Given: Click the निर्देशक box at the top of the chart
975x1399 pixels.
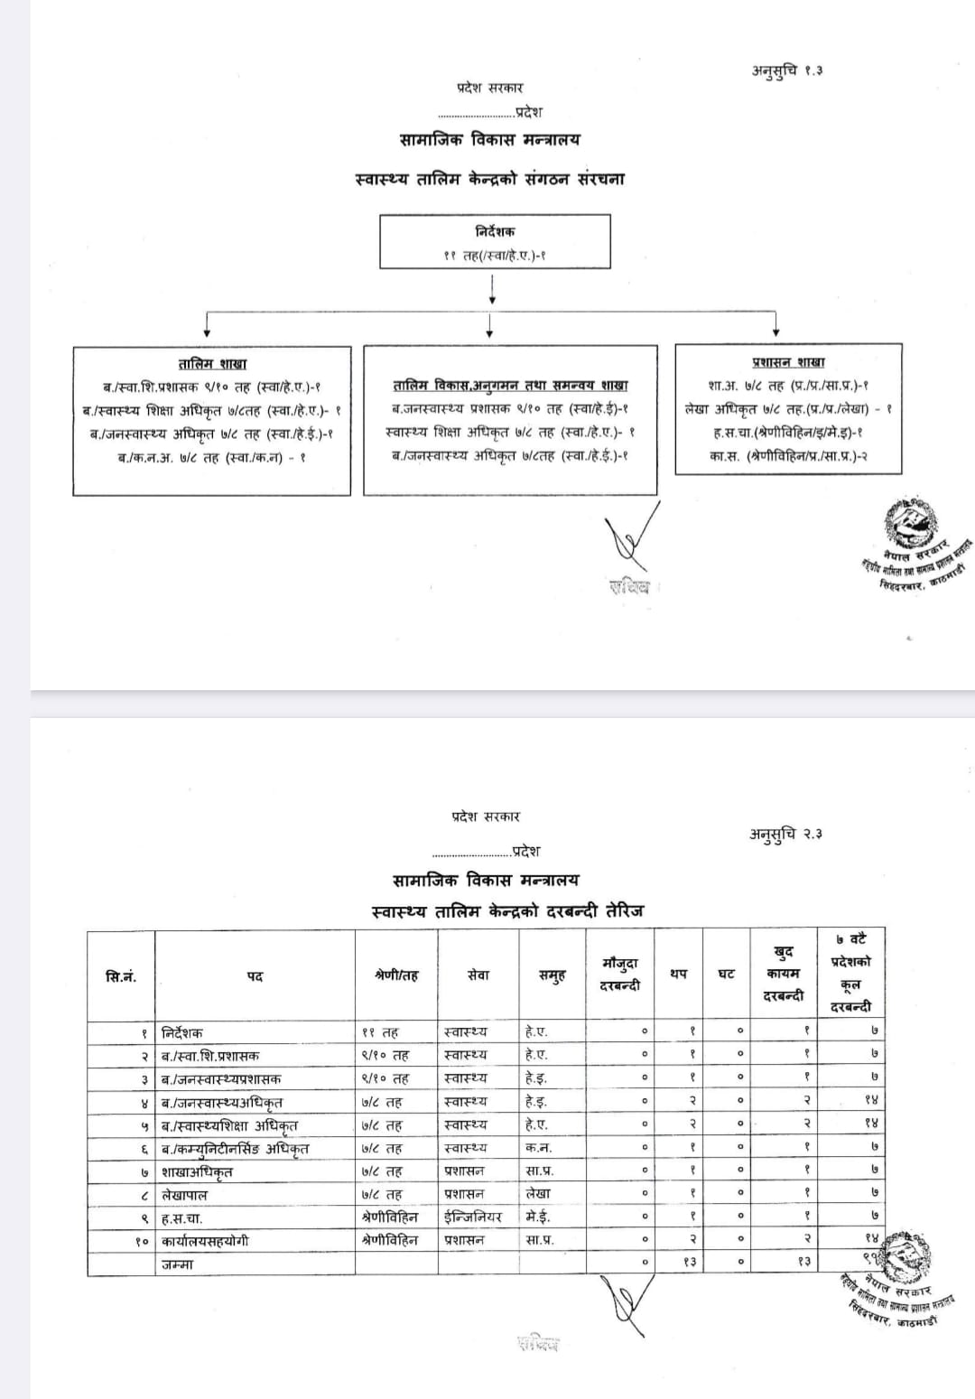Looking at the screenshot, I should [x=495, y=241].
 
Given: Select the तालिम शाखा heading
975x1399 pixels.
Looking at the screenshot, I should [x=212, y=363].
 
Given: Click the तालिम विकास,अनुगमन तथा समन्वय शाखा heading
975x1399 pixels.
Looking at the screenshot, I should [x=510, y=385].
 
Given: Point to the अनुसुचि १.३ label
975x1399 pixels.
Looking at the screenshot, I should [x=787, y=70].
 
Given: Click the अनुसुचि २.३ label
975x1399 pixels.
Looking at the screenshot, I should [x=785, y=834].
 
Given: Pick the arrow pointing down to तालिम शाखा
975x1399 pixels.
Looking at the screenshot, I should [x=209, y=324].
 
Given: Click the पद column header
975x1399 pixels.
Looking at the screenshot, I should [x=255, y=976].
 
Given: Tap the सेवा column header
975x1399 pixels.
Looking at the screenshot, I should [x=478, y=975].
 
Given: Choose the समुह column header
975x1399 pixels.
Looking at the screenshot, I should [x=552, y=975].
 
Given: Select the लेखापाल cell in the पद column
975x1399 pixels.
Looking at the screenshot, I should [x=185, y=1195].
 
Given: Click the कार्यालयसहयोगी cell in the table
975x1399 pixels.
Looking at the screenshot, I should [x=205, y=1241].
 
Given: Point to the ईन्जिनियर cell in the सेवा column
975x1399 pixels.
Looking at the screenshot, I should [x=473, y=1217].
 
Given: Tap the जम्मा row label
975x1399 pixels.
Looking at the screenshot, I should [x=178, y=1264].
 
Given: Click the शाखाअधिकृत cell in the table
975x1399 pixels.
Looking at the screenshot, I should [x=197, y=1171].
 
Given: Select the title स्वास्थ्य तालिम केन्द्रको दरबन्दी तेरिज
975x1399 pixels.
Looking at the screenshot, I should [x=508, y=910].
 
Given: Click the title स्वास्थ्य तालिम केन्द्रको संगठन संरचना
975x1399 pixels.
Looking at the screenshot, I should [x=490, y=178].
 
